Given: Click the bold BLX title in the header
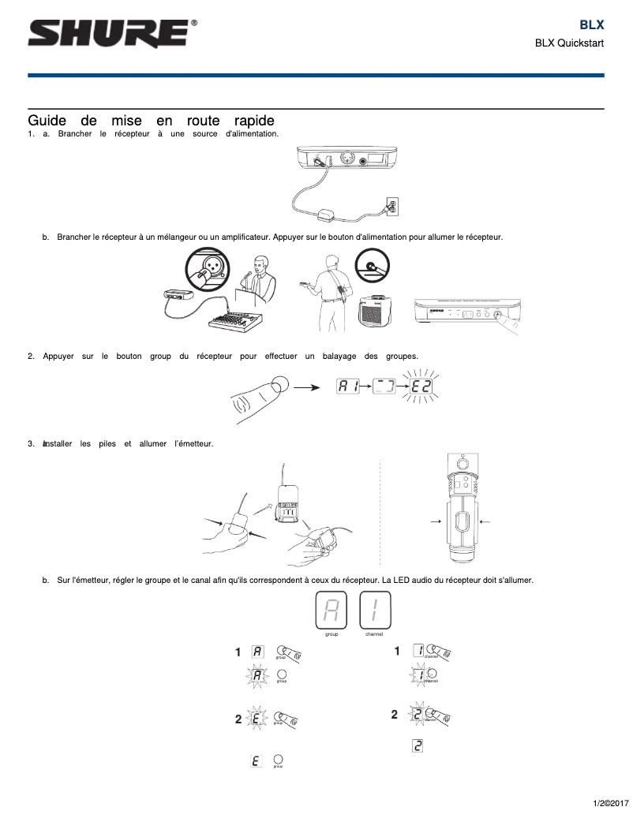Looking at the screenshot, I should pos(591,25).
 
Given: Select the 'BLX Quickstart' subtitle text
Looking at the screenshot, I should pos(569,43).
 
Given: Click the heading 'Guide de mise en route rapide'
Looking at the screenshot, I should pos(151,121).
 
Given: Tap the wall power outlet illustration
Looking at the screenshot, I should pos(392,206).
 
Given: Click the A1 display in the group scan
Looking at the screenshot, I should pos(346,387).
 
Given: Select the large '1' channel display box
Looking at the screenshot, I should pos(374,610).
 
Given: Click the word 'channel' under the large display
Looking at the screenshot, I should pos(374,633).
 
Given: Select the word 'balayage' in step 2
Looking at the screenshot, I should pos(341,356).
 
